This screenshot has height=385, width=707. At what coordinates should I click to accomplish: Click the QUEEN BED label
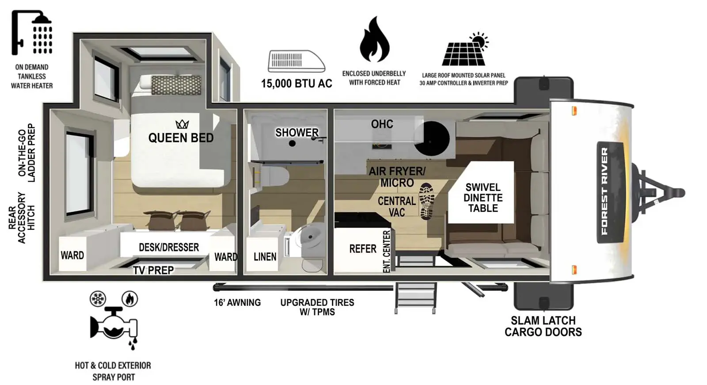(181, 138)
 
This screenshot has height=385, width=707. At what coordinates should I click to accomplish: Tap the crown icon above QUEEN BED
(182, 124)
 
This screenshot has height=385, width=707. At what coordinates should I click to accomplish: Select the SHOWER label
(296, 133)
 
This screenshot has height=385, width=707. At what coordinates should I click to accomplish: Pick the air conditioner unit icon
(296, 61)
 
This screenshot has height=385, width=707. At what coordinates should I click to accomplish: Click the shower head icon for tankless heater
(32, 33)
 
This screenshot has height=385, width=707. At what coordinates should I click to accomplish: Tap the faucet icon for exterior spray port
(114, 324)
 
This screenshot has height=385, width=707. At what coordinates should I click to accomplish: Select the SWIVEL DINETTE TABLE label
(483, 198)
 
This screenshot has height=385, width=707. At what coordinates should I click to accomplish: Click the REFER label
(363, 249)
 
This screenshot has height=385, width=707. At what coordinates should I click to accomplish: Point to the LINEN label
(265, 256)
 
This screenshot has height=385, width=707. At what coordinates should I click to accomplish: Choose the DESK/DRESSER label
(169, 247)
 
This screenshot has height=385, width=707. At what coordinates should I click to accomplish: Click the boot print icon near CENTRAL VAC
(426, 201)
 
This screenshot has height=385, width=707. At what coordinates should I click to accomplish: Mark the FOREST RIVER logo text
(604, 191)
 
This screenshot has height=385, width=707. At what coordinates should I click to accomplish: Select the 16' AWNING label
(237, 303)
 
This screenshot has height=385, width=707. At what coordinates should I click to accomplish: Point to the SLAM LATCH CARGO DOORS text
(543, 326)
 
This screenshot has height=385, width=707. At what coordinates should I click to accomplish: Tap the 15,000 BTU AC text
(296, 84)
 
